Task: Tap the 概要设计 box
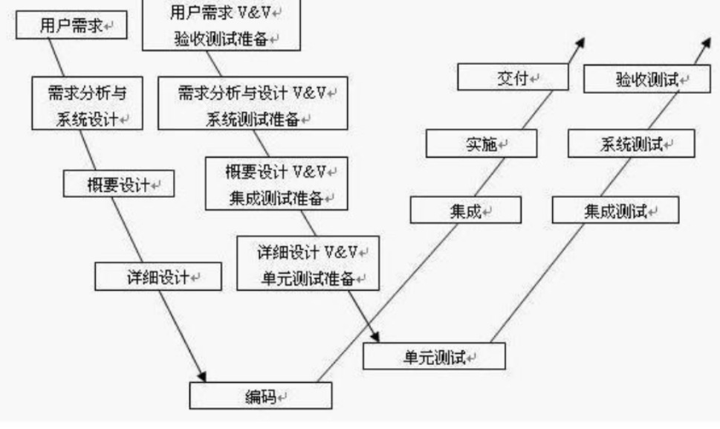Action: pos(120,184)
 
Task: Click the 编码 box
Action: pos(261,396)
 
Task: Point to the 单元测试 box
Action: pos(434,356)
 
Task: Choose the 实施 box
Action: pos(481,143)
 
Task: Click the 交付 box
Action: pos(512,78)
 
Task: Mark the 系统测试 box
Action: pos(631,143)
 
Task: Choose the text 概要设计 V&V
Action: pos(276,171)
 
